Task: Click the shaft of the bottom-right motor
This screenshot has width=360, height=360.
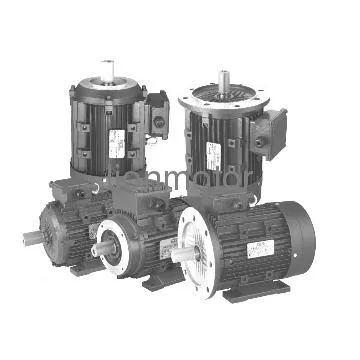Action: [x=183, y=264]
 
